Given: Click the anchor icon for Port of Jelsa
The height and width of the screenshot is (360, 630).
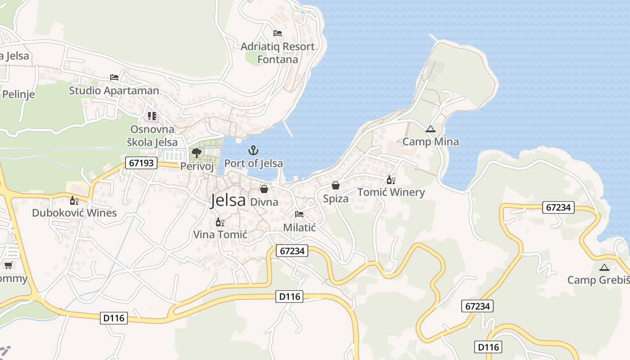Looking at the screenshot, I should coord(253,150).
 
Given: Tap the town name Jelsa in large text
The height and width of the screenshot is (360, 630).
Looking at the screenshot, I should coord(228,200).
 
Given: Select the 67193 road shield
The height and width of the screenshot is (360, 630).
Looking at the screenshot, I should coord(141,163).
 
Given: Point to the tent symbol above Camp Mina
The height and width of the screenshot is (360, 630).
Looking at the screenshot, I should coord(431,129).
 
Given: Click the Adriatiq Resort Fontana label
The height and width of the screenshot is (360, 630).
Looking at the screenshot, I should coord(277,53).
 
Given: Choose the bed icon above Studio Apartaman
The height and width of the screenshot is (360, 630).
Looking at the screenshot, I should coord(114,77).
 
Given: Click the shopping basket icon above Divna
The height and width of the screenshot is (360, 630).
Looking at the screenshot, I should coord(264,189).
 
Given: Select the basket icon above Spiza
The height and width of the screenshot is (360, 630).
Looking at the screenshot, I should coord(336,185).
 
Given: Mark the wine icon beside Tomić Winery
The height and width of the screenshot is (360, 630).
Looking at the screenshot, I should coord(391,180).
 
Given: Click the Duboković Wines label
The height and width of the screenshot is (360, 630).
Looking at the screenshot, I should coord(74,213).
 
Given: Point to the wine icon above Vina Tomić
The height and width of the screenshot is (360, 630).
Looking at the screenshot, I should coord(220,222).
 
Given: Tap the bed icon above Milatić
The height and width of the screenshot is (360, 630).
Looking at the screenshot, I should coord(299,214).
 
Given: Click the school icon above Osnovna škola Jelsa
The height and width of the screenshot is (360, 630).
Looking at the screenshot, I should coord(152,117).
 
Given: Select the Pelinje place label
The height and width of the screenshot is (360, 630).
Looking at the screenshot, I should coord(18,94).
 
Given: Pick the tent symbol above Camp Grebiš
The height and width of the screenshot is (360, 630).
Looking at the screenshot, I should coord(604,267).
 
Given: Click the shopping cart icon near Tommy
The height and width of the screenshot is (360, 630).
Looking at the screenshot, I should coord(8,265).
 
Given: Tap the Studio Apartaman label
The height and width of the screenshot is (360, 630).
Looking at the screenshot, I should coord(114,90).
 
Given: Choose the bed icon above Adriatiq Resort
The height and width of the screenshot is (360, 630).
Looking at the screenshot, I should coord(278,33).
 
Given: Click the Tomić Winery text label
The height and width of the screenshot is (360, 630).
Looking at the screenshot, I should coord(391,193).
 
